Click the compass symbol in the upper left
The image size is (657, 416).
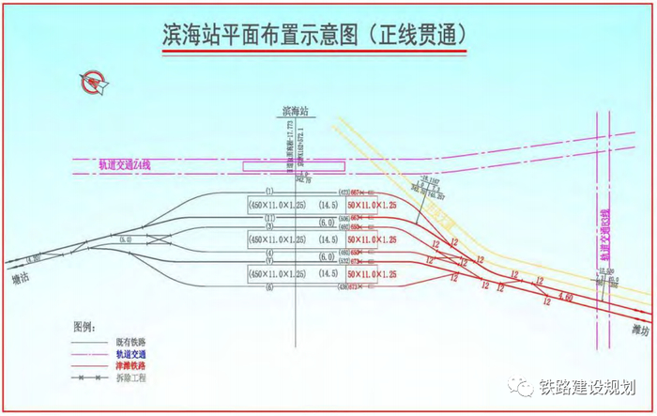tap(94, 84)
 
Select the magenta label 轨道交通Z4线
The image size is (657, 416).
tap(126, 164)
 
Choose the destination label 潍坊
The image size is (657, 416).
tap(640, 329)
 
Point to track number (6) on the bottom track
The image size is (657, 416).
tap(268, 286)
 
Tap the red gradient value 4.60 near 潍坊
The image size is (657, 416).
tap(565, 297)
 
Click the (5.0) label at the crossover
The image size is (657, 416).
tap(127, 239)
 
